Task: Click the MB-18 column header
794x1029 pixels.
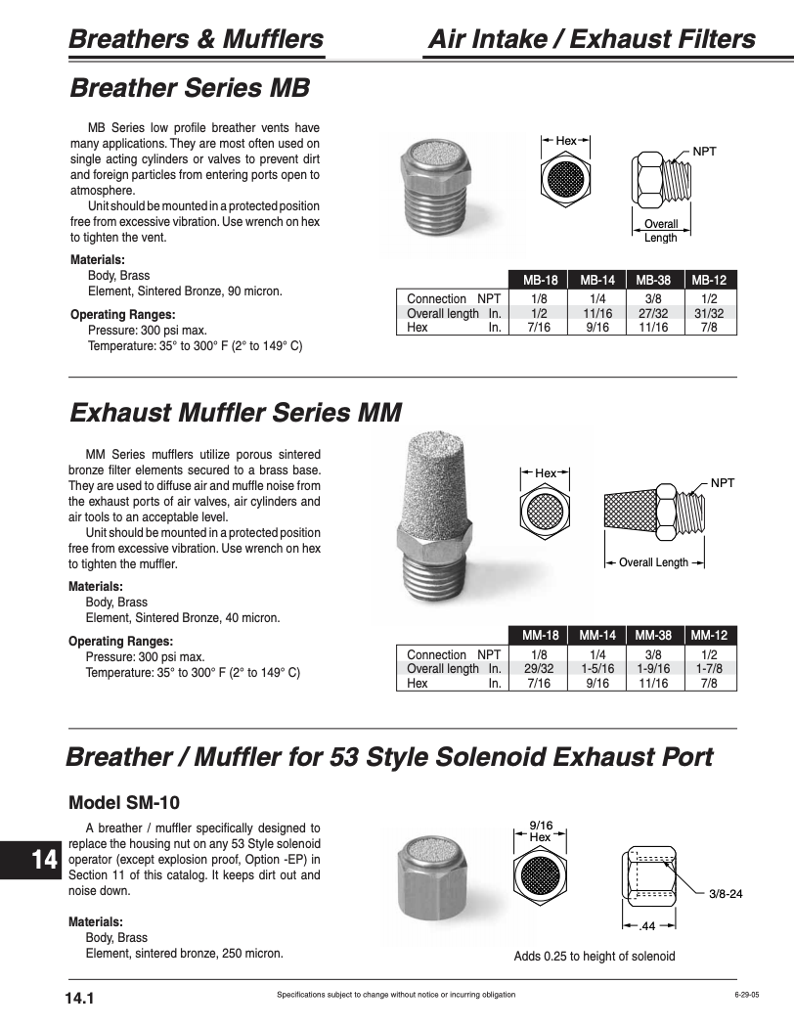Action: pos(540,280)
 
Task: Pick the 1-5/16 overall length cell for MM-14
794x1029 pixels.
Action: pos(596,669)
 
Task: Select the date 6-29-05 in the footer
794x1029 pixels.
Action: pos(746,995)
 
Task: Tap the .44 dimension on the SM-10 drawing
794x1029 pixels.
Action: pos(646,925)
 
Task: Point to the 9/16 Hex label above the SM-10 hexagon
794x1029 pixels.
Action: pos(541,831)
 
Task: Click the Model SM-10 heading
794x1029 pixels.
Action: pos(124,803)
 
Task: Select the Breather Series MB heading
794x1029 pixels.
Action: pos(190,88)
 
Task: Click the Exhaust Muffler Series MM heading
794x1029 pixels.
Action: pos(236,412)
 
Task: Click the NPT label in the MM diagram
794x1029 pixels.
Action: pos(723,483)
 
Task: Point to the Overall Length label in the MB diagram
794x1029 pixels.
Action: pos(661,231)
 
